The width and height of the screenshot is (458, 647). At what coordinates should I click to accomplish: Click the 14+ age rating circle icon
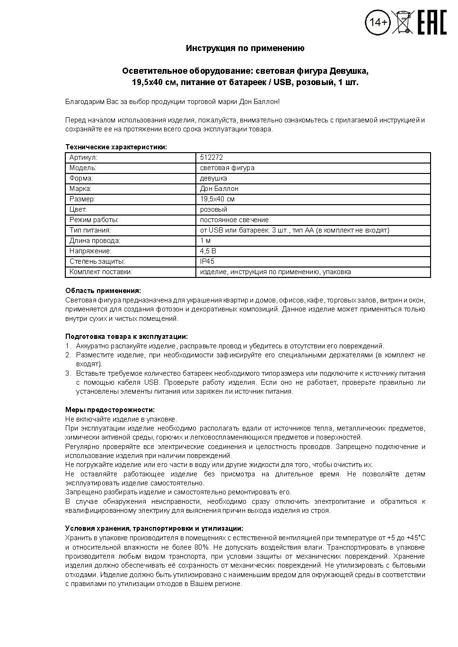tap(378, 23)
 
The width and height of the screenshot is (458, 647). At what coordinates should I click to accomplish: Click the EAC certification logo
tap(432, 22)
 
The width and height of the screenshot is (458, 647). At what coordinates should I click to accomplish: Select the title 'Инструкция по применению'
tap(245, 48)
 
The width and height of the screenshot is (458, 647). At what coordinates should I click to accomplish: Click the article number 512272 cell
tap(211, 157)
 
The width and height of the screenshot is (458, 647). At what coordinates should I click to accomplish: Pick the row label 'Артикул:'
tap(83, 157)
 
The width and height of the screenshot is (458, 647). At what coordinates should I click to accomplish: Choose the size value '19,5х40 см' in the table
tap(217, 199)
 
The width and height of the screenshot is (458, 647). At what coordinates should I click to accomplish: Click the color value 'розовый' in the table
tap(213, 209)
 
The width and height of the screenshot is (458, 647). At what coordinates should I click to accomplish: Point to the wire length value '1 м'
tap(205, 241)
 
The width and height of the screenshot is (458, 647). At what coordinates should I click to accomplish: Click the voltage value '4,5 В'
tap(208, 251)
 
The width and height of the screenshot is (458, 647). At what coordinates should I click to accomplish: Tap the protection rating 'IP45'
tap(207, 261)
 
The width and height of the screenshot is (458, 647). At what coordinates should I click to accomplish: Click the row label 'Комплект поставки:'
tap(100, 272)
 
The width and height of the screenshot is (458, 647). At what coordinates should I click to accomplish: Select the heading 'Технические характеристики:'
tap(116, 147)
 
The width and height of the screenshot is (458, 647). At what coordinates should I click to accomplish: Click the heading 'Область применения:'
tap(103, 291)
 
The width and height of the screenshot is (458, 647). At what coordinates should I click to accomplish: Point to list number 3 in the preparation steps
tap(68, 373)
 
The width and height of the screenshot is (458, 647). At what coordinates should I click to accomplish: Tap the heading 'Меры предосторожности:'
tap(110, 410)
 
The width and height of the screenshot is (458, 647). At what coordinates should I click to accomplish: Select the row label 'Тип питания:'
tap(90, 230)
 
